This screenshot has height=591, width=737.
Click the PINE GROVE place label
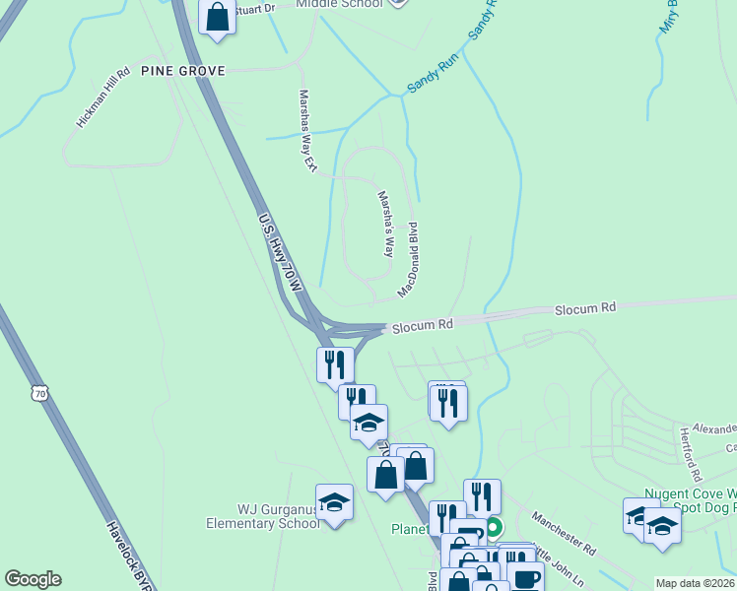183,71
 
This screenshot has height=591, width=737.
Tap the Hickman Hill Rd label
103,98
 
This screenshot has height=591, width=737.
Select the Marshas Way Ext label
307,132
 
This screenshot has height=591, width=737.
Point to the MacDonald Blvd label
409,260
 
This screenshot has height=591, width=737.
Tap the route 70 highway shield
39,393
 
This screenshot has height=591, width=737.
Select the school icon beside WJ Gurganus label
334,502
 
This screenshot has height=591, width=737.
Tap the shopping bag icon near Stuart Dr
217,17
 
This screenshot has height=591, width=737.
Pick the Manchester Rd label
565,532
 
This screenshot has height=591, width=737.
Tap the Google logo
33,579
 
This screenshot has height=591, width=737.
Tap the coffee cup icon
525,578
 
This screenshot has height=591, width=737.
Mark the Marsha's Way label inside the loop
386,224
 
